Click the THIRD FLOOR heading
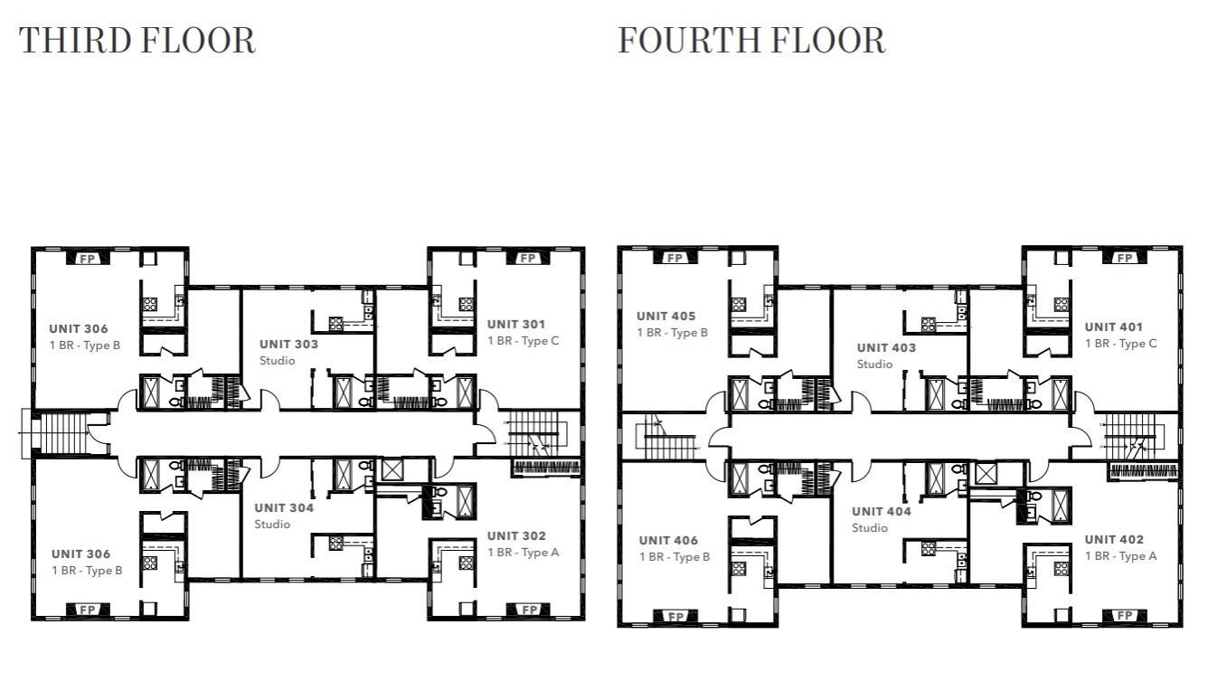click(137, 41)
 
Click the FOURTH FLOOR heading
click(751, 41)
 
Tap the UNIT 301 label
click(516, 324)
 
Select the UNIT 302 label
click(516, 535)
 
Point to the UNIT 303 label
click(288, 344)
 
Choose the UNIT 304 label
click(284, 507)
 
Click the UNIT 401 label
click(1114, 327)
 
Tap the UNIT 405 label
click(665, 316)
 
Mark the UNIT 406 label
click(668, 540)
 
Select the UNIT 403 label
click(886, 347)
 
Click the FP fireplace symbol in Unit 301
click(527, 259)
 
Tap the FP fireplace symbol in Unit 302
click(527, 610)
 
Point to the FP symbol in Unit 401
click(1125, 259)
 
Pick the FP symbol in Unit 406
click(675, 617)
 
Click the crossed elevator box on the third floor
click(393, 469)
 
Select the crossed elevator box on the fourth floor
click(986, 472)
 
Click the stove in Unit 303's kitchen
click(335, 321)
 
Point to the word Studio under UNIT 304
click(272, 525)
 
